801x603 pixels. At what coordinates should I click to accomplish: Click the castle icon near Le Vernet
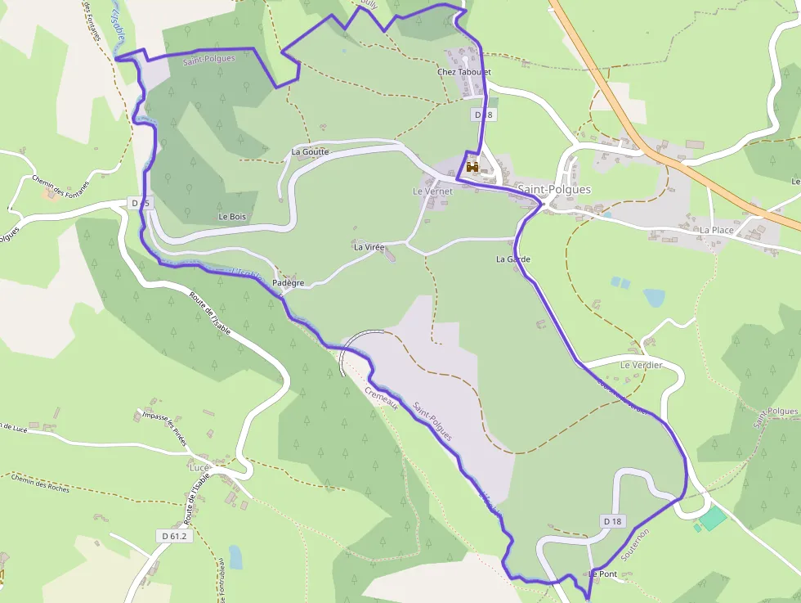pyautogui.click(x=472, y=167)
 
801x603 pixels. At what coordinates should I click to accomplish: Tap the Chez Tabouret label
pyautogui.click(x=464, y=72)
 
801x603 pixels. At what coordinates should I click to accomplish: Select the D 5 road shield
pyautogui.click(x=140, y=202)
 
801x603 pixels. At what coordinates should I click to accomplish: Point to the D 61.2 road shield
pyautogui.click(x=172, y=535)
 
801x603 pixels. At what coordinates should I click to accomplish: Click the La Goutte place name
pyautogui.click(x=310, y=151)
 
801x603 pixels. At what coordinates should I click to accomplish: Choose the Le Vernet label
pyautogui.click(x=432, y=191)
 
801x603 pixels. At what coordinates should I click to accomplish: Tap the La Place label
pyautogui.click(x=716, y=230)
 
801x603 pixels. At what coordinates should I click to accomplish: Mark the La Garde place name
pyautogui.click(x=513, y=259)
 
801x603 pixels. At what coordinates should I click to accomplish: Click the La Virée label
pyautogui.click(x=369, y=246)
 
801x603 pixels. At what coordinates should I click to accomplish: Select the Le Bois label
pyautogui.click(x=232, y=217)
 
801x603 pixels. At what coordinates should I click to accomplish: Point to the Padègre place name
pyautogui.click(x=288, y=283)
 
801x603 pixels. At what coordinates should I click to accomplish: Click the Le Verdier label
pyautogui.click(x=642, y=365)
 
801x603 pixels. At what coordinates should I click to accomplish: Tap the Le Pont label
pyautogui.click(x=602, y=574)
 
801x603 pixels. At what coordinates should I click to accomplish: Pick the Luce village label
pyautogui.click(x=199, y=467)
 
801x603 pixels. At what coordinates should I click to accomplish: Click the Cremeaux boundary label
pyautogui.click(x=382, y=397)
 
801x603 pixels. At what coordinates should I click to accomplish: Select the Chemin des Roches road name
pyautogui.click(x=41, y=483)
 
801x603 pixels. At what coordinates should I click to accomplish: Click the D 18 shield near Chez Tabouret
pyautogui.click(x=484, y=115)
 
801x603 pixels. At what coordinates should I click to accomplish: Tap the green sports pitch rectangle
pyautogui.click(x=713, y=517)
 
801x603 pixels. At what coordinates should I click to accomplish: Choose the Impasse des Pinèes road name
pyautogui.click(x=164, y=428)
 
